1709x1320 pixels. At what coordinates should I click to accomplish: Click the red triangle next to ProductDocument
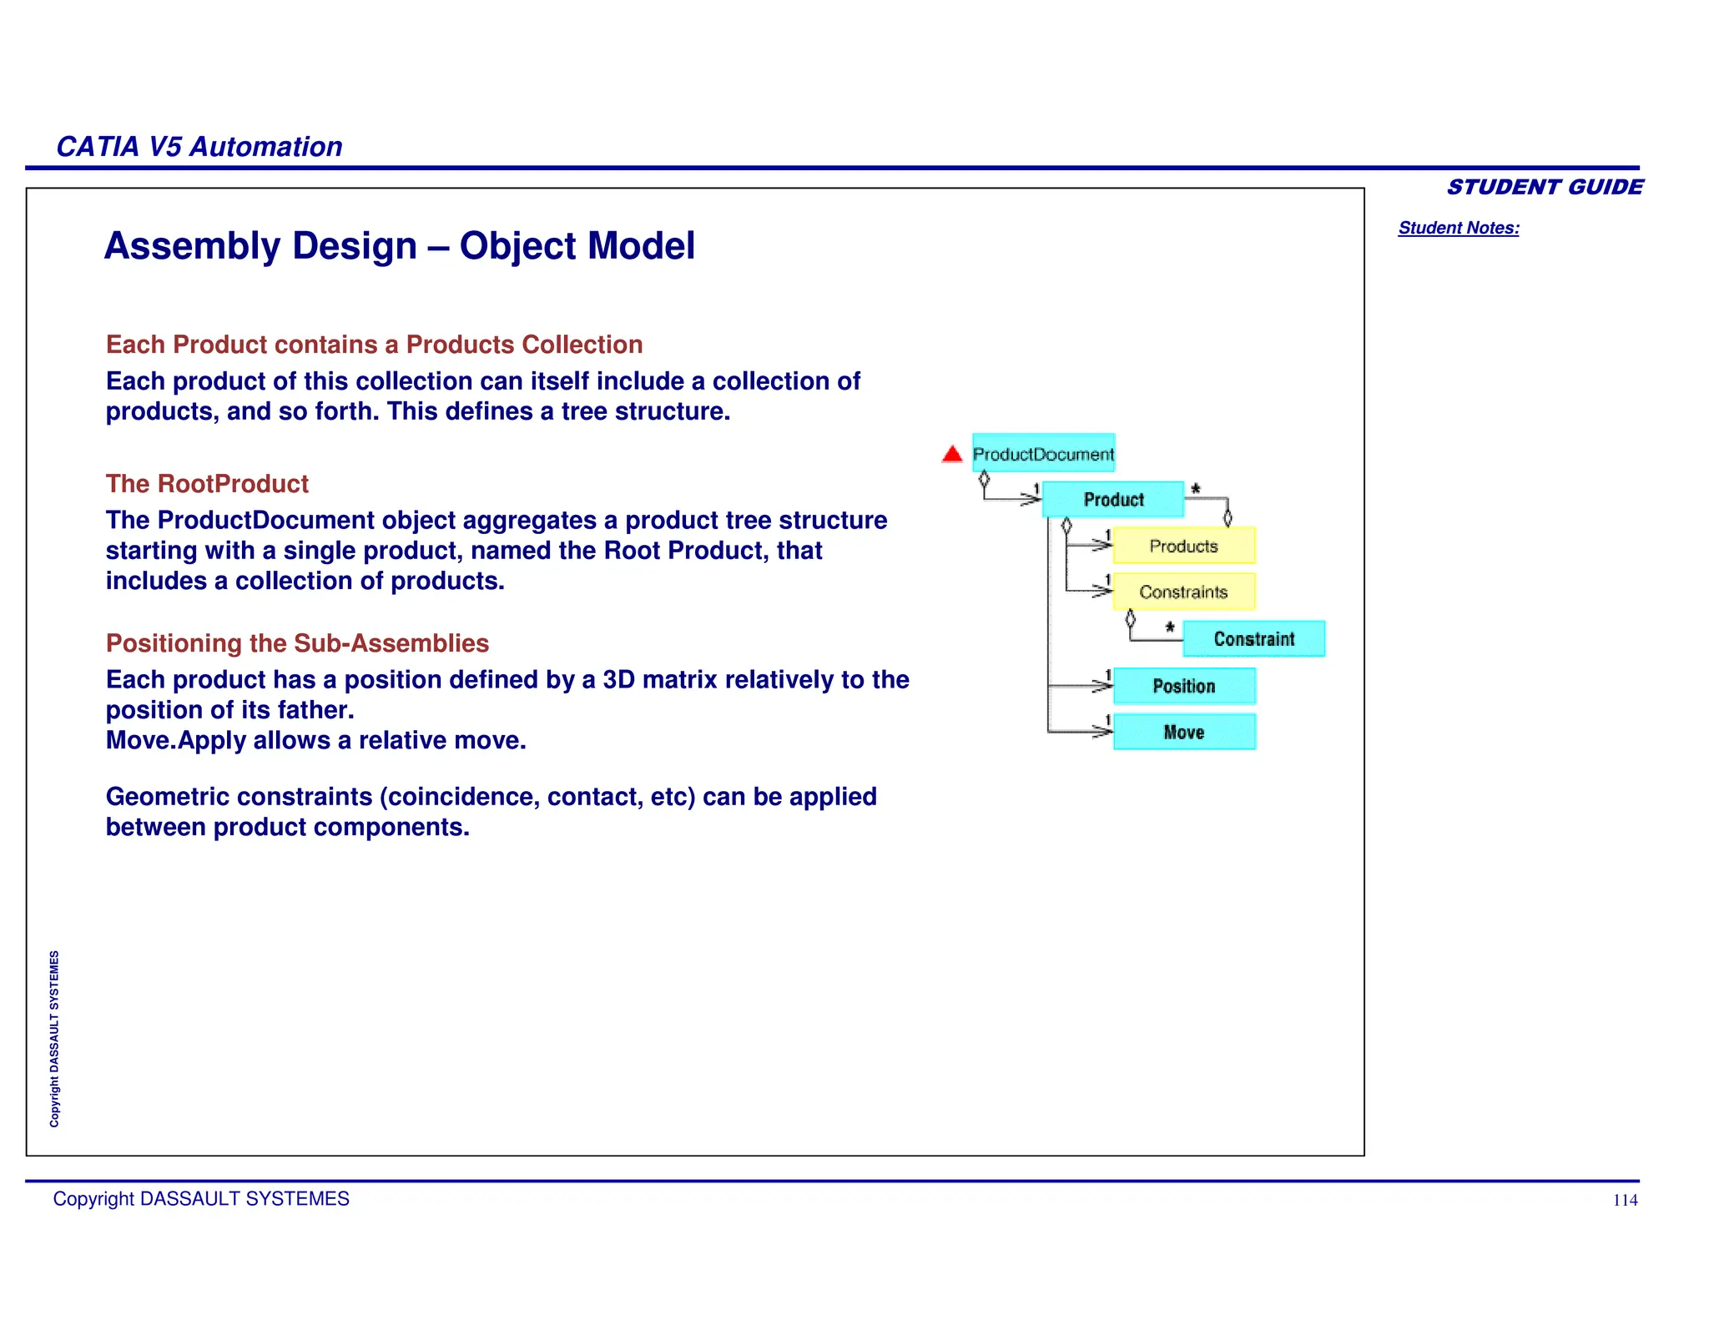(x=952, y=455)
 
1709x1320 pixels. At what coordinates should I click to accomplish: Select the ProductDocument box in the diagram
(x=1043, y=454)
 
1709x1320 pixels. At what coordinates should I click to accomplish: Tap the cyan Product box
(x=1113, y=499)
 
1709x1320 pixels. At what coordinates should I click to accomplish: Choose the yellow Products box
(x=1183, y=546)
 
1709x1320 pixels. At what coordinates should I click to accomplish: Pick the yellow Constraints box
(x=1183, y=592)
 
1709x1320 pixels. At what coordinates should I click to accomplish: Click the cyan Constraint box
(x=1253, y=639)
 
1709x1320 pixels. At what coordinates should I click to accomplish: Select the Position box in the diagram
(x=1183, y=686)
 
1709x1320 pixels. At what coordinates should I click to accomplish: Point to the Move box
(x=1183, y=732)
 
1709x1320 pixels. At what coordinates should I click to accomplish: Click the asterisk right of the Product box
(x=1196, y=489)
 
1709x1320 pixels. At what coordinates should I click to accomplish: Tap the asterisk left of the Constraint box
(x=1170, y=627)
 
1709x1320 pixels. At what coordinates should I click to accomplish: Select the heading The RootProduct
(x=207, y=484)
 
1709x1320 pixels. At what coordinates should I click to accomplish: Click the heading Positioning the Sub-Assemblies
(x=297, y=643)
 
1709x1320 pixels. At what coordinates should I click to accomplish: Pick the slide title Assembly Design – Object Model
(x=399, y=246)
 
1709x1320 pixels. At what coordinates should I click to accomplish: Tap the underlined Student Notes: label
(x=1458, y=228)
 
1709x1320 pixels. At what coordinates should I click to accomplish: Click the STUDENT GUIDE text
(x=1545, y=187)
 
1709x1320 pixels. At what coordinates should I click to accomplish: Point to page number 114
(x=1624, y=1201)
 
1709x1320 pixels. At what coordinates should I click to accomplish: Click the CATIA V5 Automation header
(x=199, y=147)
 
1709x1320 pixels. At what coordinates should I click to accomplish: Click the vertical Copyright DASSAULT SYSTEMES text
(x=54, y=1039)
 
